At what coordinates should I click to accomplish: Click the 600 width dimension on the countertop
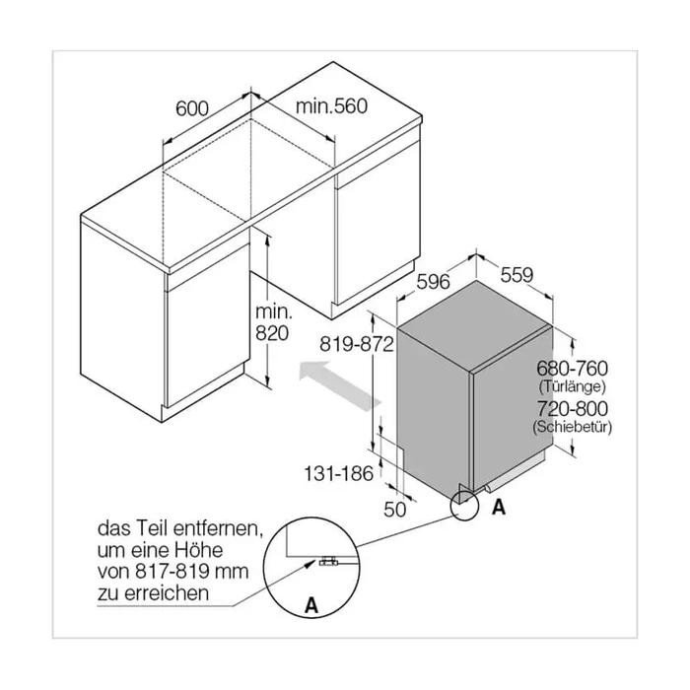coord(192,108)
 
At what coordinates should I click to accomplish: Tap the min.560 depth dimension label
coord(331,106)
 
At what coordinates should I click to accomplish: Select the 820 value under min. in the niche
coord(272,333)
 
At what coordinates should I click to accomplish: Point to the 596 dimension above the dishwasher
coord(433,282)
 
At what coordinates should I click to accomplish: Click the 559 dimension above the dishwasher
coord(517,275)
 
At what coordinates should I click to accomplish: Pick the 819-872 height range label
coord(357,344)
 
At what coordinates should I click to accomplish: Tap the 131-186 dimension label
coord(338,473)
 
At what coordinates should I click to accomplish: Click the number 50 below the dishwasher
coord(394,510)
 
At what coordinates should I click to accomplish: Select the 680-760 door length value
coord(572,368)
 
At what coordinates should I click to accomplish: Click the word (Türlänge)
coord(572,386)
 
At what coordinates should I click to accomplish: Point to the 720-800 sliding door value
coord(572,408)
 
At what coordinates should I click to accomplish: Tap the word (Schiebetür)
coord(572,427)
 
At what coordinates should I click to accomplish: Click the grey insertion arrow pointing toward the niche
coord(340,385)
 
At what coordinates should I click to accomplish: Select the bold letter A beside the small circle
coord(499,508)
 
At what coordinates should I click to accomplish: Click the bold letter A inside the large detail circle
coord(311,605)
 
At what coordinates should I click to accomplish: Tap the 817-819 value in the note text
coord(172,571)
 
